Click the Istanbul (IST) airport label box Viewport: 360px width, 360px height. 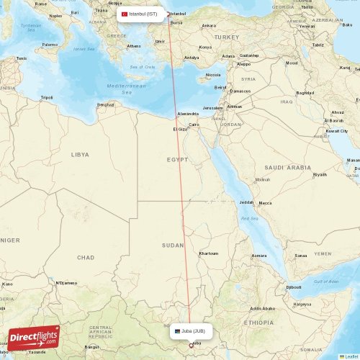140,14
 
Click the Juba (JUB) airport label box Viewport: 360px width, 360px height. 192,331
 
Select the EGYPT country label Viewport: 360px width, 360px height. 177,159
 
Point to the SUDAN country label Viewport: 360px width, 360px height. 173,246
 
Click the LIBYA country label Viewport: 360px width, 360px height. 80,154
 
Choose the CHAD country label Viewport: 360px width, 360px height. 86,257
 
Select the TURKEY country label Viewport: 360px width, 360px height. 226,37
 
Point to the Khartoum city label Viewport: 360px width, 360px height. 208,253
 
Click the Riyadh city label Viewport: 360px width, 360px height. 320,174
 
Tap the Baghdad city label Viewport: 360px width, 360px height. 305,93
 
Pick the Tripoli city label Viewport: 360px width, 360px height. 47,97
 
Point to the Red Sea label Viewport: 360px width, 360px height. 250,217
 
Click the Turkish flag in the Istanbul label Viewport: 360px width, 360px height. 124,14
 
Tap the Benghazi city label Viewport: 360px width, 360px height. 106,104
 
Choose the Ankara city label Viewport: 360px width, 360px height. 209,26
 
